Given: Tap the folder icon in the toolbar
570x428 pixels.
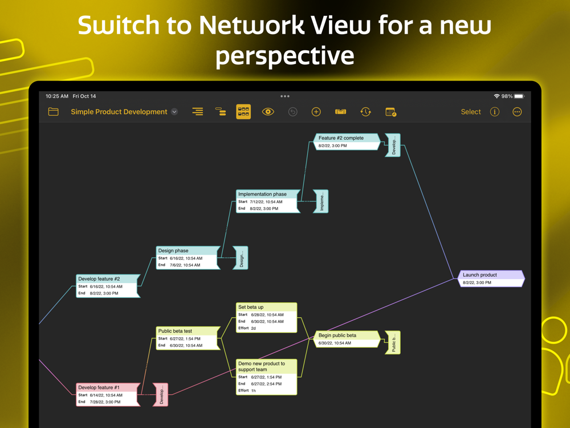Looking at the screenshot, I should point(53,112).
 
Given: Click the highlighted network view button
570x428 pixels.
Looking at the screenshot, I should point(243,112).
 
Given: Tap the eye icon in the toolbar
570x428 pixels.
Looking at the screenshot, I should point(268,112).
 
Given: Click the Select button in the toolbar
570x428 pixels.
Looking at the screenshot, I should point(471,112).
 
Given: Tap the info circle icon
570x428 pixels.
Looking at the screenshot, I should point(495,112).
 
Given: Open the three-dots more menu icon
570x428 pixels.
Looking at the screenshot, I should point(517,112).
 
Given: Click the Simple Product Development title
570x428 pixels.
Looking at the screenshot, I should point(119,112).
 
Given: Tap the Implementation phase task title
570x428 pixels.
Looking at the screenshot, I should point(263,194).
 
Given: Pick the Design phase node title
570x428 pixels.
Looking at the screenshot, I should point(174,251).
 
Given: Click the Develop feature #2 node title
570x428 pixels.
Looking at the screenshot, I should point(99,279).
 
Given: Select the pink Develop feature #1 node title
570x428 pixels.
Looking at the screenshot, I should point(99,387).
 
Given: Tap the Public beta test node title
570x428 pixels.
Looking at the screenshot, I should point(176,331).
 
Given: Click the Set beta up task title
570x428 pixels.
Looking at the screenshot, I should point(251,307).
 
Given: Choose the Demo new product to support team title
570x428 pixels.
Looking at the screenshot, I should point(262,366).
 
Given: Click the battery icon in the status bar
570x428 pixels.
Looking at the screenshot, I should point(519,96).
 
